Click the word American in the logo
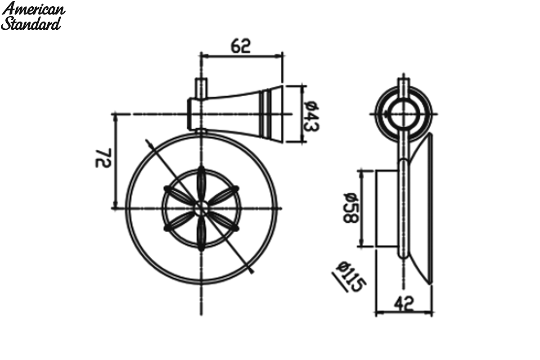coord(33,9)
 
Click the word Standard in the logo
coord(31,24)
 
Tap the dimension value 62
coord(241,46)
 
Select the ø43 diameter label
coord(311,117)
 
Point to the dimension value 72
coord(103,158)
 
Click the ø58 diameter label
coord(351,208)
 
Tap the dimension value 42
coord(404,304)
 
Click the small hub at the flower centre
coord(201,208)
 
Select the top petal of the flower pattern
coord(201,184)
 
